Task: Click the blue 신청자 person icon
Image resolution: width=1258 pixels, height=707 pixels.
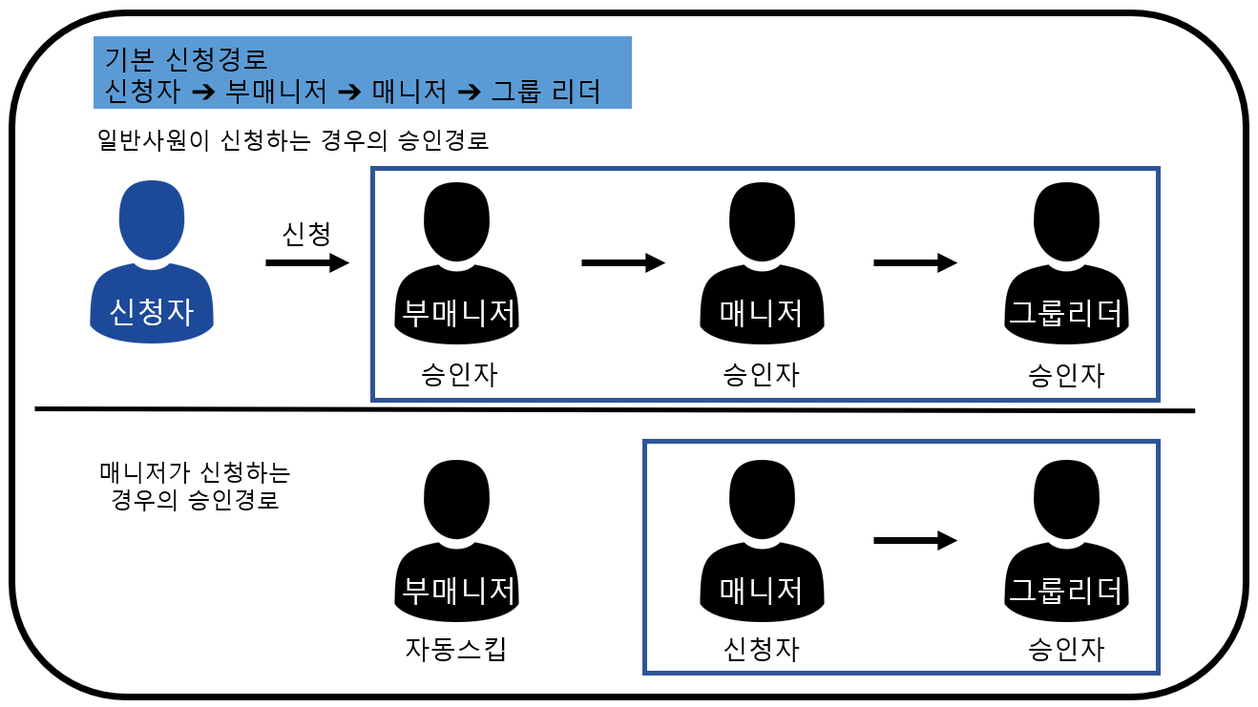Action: tap(151, 261)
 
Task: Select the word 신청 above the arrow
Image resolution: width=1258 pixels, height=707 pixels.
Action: tap(306, 233)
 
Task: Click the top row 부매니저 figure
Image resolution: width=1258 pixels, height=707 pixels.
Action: tap(456, 261)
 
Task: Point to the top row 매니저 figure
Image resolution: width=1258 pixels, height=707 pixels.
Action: tap(761, 261)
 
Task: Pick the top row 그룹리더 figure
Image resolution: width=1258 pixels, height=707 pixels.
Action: tap(1066, 261)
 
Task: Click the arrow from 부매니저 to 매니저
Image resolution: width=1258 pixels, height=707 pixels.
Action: tap(622, 262)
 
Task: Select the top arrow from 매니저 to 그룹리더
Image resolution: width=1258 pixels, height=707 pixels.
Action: tap(914, 262)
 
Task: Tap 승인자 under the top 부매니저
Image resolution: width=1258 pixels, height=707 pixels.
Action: tap(458, 374)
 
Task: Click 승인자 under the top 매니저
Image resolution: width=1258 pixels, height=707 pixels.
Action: tap(761, 374)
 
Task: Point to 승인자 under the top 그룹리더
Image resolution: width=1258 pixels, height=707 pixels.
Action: tap(1066, 374)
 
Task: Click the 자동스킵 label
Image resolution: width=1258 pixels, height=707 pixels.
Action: tap(456, 650)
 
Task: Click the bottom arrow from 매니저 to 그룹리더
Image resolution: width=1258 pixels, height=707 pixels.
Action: tap(914, 541)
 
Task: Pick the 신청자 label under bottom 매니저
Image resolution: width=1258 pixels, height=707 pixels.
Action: tap(761, 650)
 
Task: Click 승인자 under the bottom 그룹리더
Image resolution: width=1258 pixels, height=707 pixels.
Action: tap(1066, 650)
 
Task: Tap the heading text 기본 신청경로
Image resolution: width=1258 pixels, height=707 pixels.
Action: tap(180, 60)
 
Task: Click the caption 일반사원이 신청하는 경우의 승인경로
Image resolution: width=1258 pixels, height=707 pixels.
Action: tap(293, 140)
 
